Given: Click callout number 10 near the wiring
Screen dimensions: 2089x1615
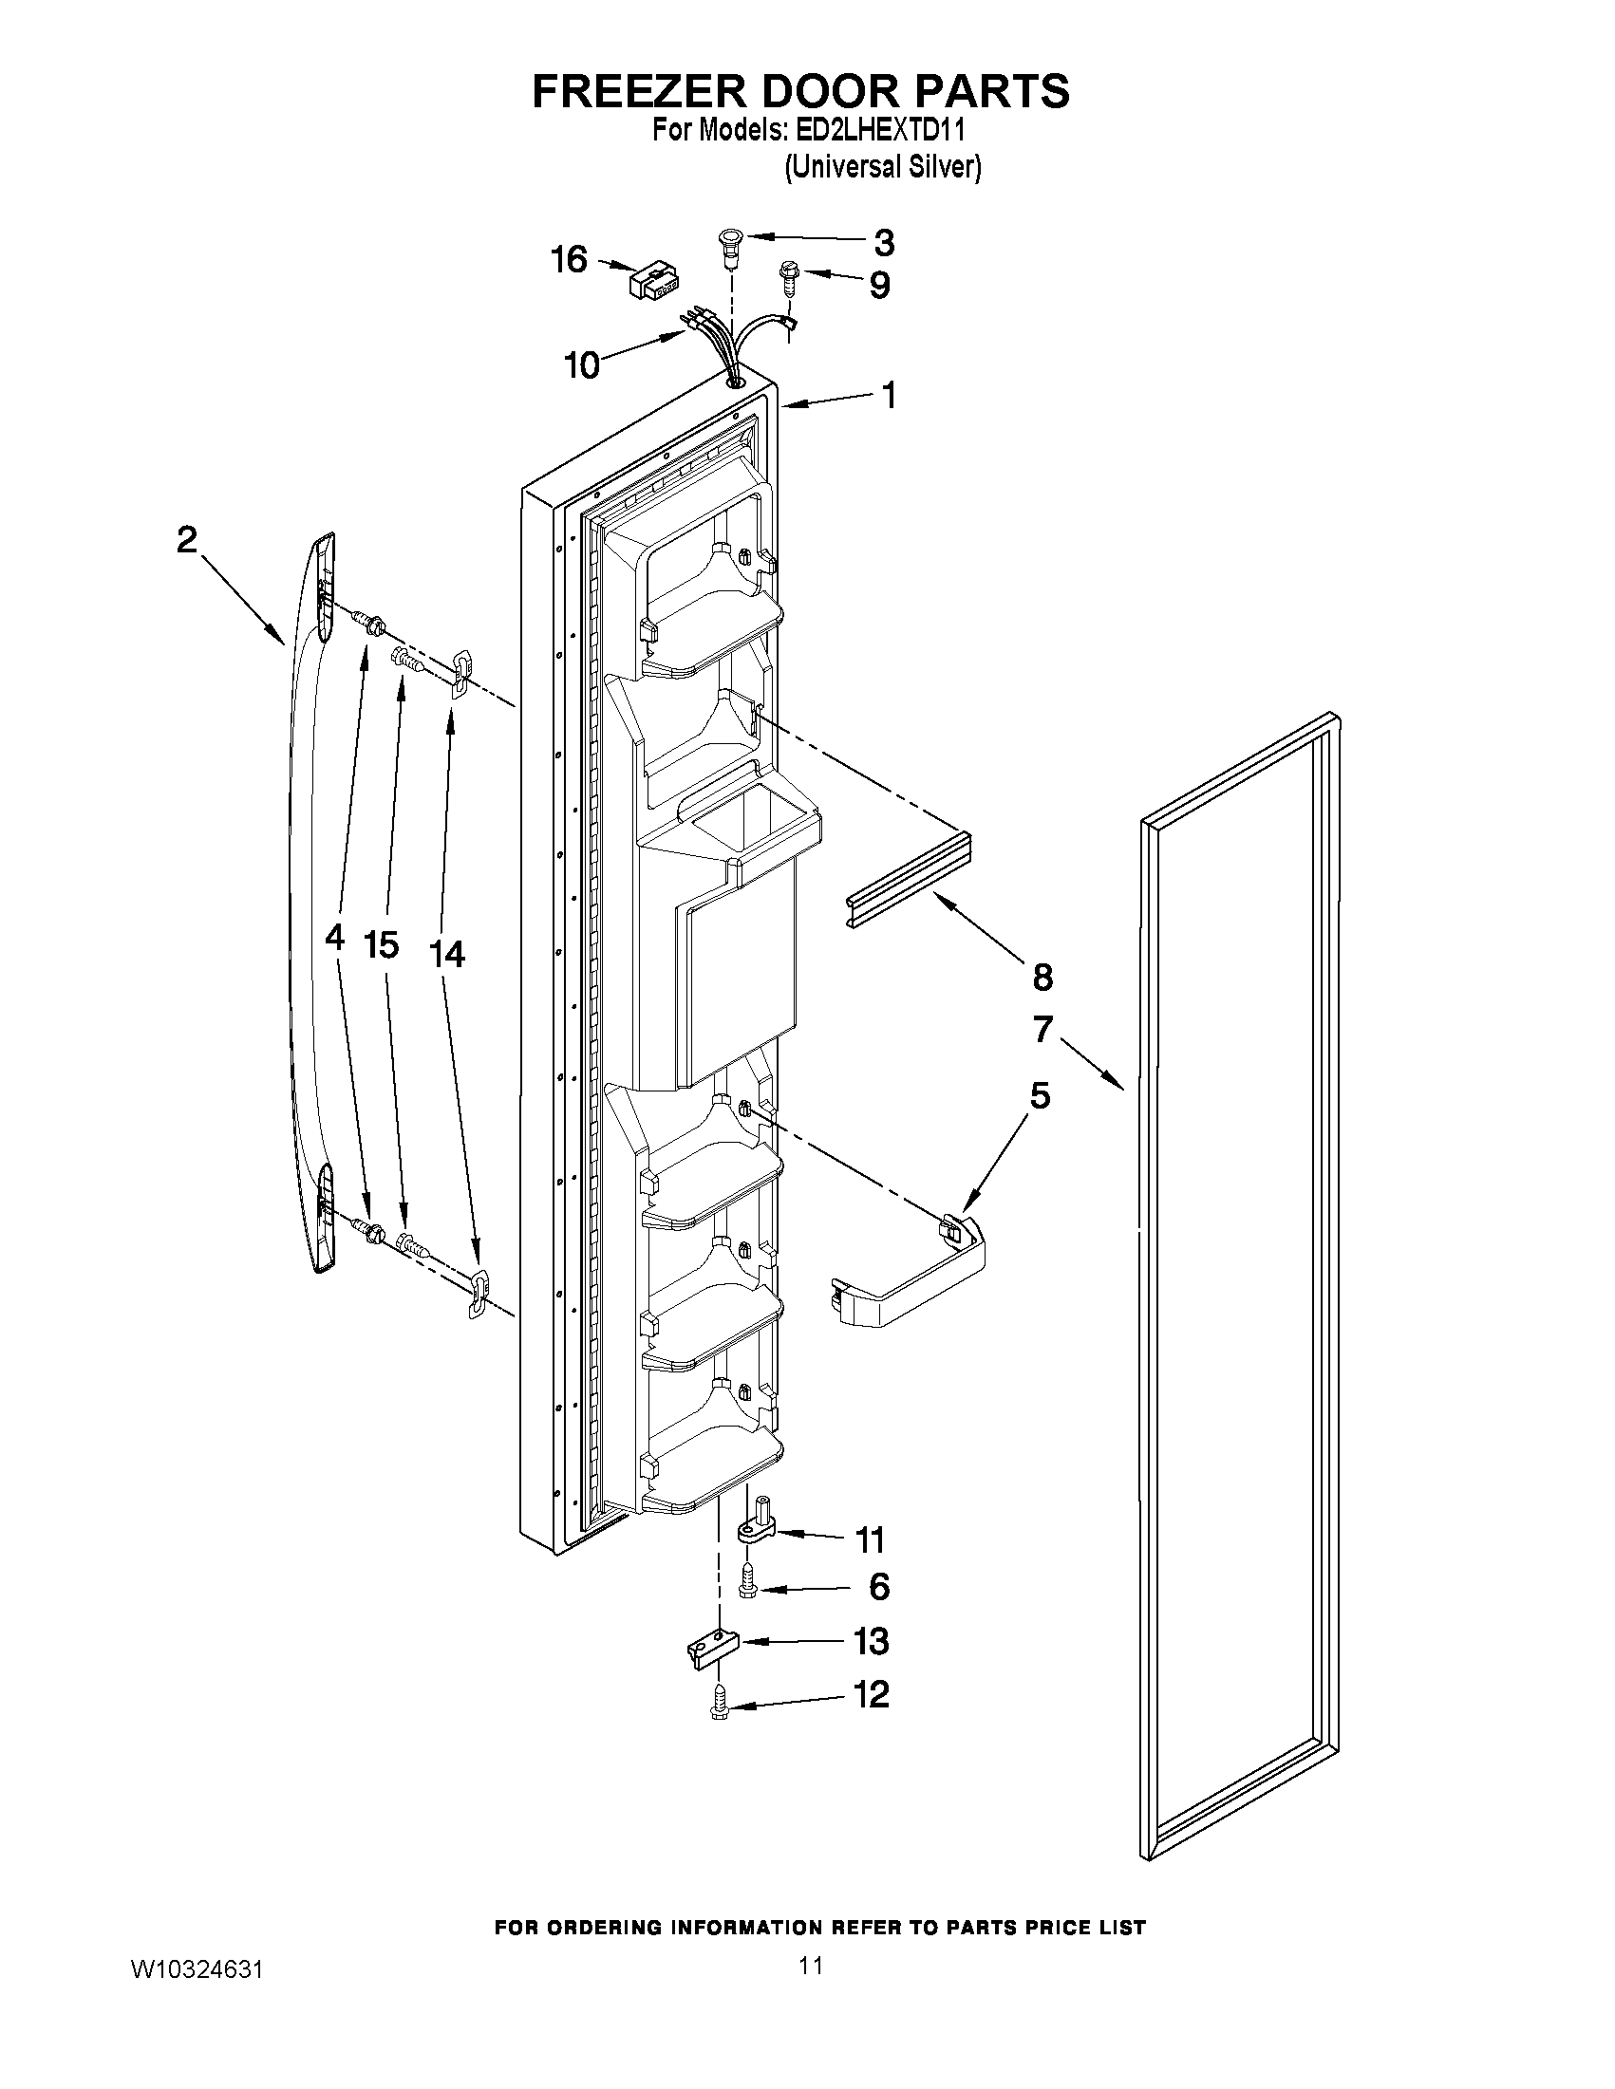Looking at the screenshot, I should (582, 364).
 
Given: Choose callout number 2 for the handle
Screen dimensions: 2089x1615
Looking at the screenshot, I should (187, 540).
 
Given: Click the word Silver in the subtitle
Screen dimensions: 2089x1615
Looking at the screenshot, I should (948, 167).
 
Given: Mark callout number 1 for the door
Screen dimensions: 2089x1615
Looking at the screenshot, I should (889, 394).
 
